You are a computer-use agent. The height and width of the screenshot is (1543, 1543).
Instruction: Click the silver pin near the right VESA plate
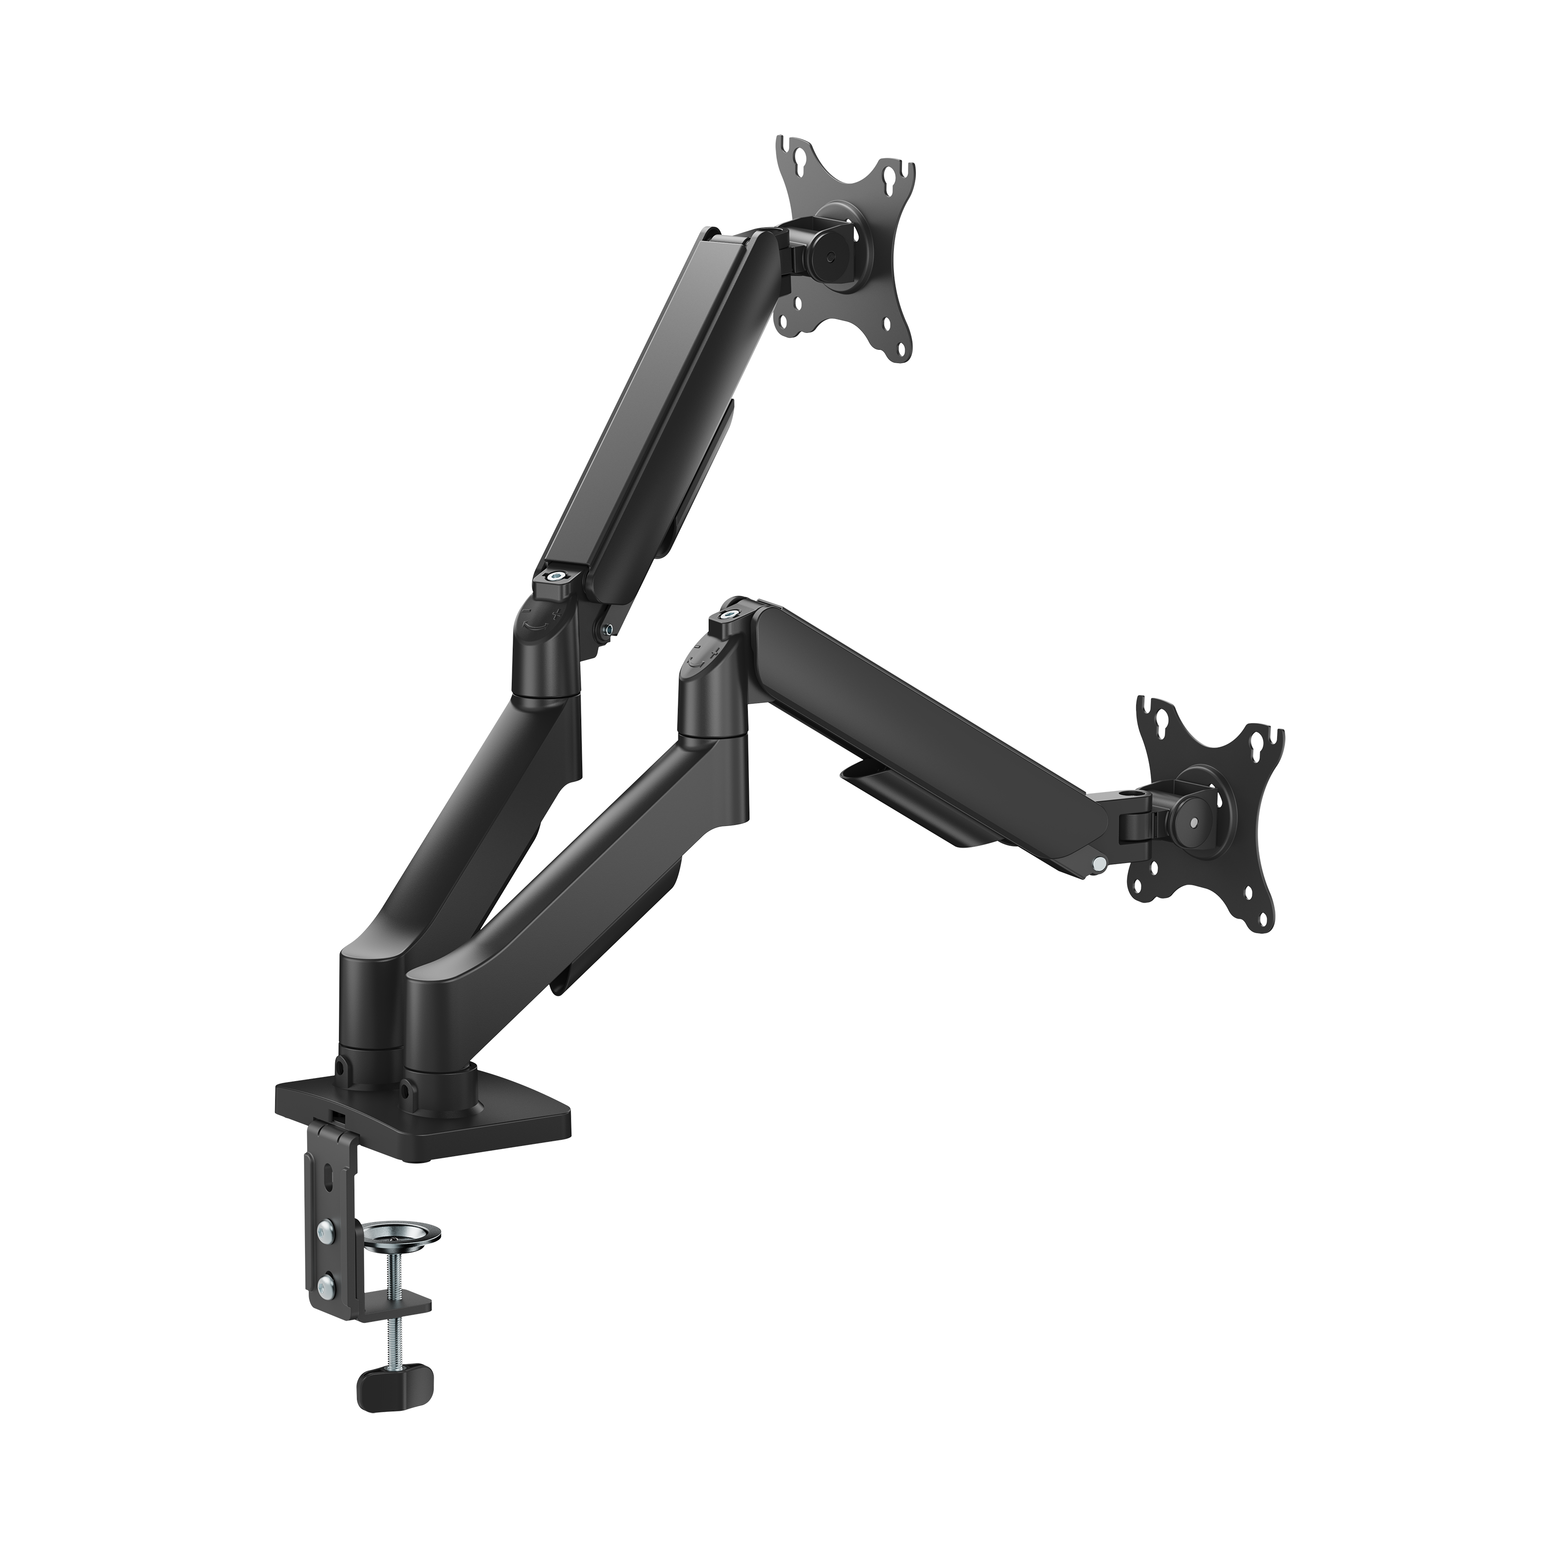(1100, 864)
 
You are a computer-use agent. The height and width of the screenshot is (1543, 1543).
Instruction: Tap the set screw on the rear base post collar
(343, 1067)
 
